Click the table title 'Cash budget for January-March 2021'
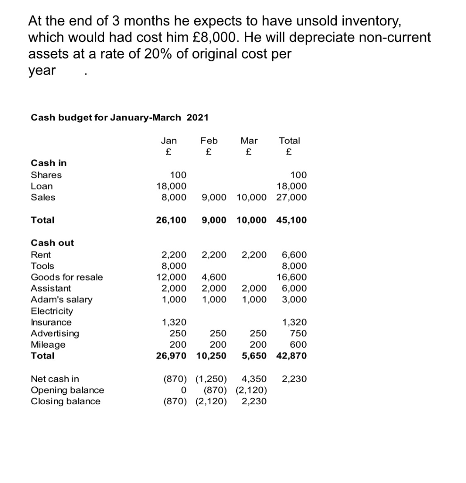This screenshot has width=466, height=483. pyautogui.click(x=119, y=117)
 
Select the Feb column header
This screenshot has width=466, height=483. pyautogui.click(x=209, y=141)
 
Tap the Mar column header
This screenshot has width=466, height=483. pyautogui.click(x=249, y=141)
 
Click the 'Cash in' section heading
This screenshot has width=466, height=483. pyautogui.click(x=49, y=163)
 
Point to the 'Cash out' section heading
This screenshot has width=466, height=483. pyautogui.click(x=52, y=243)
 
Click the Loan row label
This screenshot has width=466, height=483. pyautogui.click(x=42, y=186)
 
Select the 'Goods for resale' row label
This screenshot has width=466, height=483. pyautogui.click(x=67, y=277)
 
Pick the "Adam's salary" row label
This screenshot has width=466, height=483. pyautogui.click(x=61, y=300)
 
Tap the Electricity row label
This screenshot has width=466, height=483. pyautogui.click(x=52, y=311)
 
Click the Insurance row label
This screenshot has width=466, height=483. pyautogui.click(x=51, y=323)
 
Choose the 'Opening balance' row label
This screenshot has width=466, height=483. pyautogui.click(x=67, y=390)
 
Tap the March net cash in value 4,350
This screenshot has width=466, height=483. pyautogui.click(x=254, y=379)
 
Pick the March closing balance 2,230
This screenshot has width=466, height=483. pyautogui.click(x=254, y=401)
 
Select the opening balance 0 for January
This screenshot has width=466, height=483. pyautogui.click(x=183, y=390)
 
